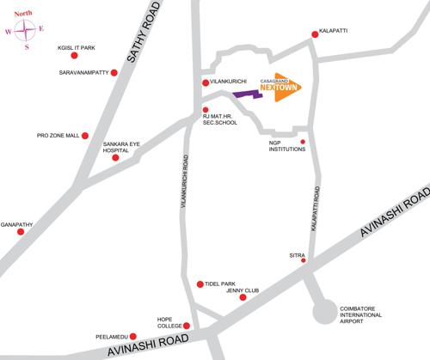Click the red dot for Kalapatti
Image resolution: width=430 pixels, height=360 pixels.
tap(314, 36)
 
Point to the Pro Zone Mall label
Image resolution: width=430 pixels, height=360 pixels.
tap(58, 135)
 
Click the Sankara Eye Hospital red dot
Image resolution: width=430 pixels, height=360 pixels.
tap(115, 157)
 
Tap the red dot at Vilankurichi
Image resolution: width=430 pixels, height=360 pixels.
tap(205, 83)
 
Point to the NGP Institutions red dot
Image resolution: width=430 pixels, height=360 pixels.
tap(303, 141)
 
